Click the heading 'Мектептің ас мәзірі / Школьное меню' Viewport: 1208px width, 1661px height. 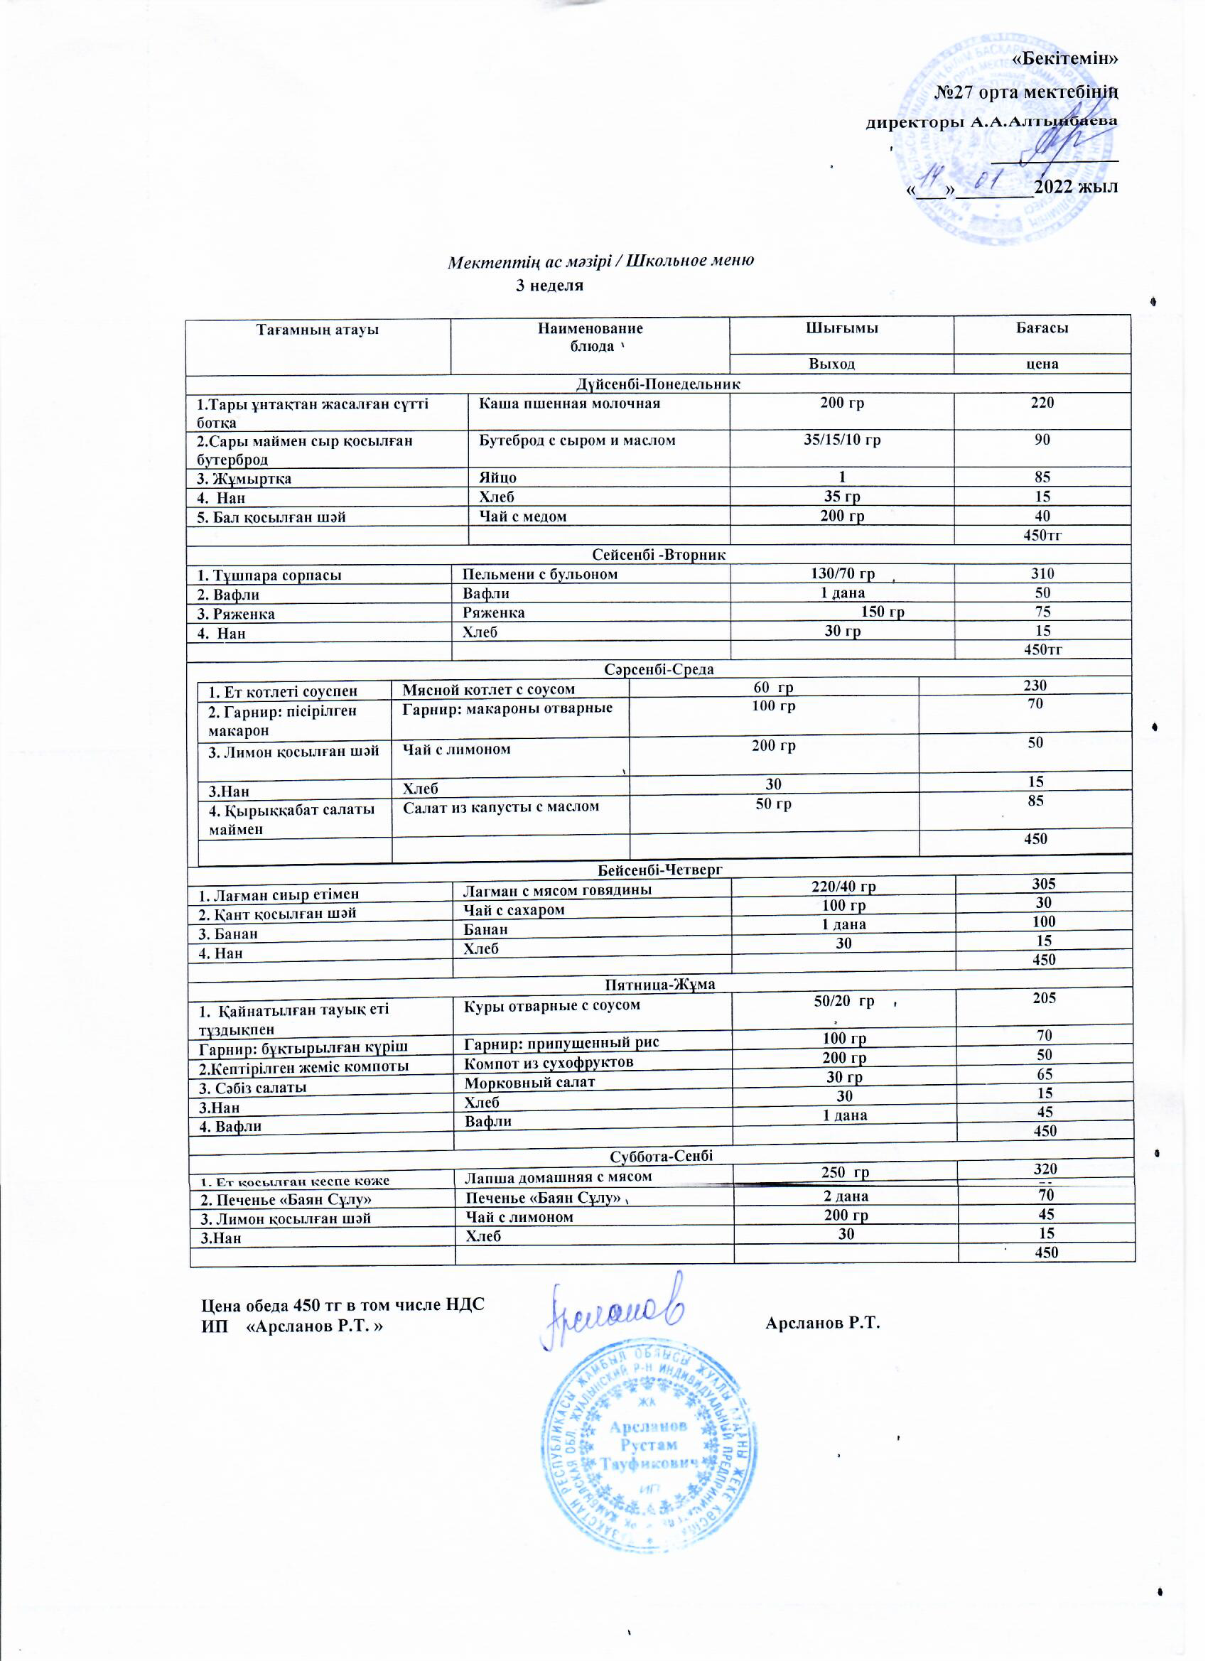600,261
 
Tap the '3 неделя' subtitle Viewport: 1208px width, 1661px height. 549,286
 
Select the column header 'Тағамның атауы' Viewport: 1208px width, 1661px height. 317,330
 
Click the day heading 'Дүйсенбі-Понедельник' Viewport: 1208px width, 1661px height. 658,384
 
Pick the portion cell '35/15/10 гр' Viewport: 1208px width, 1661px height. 842,440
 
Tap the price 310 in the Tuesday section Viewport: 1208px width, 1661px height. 1042,573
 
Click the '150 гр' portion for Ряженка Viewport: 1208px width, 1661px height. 882,612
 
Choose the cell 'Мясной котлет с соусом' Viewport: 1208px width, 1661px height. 489,689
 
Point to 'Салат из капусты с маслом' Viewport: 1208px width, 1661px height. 501,806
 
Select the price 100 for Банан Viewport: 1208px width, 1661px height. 1043,921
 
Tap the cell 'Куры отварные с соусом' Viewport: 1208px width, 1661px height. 551,1005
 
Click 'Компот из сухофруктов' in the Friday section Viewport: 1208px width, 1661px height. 549,1062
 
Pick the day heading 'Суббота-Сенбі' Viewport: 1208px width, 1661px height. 661,1156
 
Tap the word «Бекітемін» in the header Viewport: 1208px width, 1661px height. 1065,58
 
